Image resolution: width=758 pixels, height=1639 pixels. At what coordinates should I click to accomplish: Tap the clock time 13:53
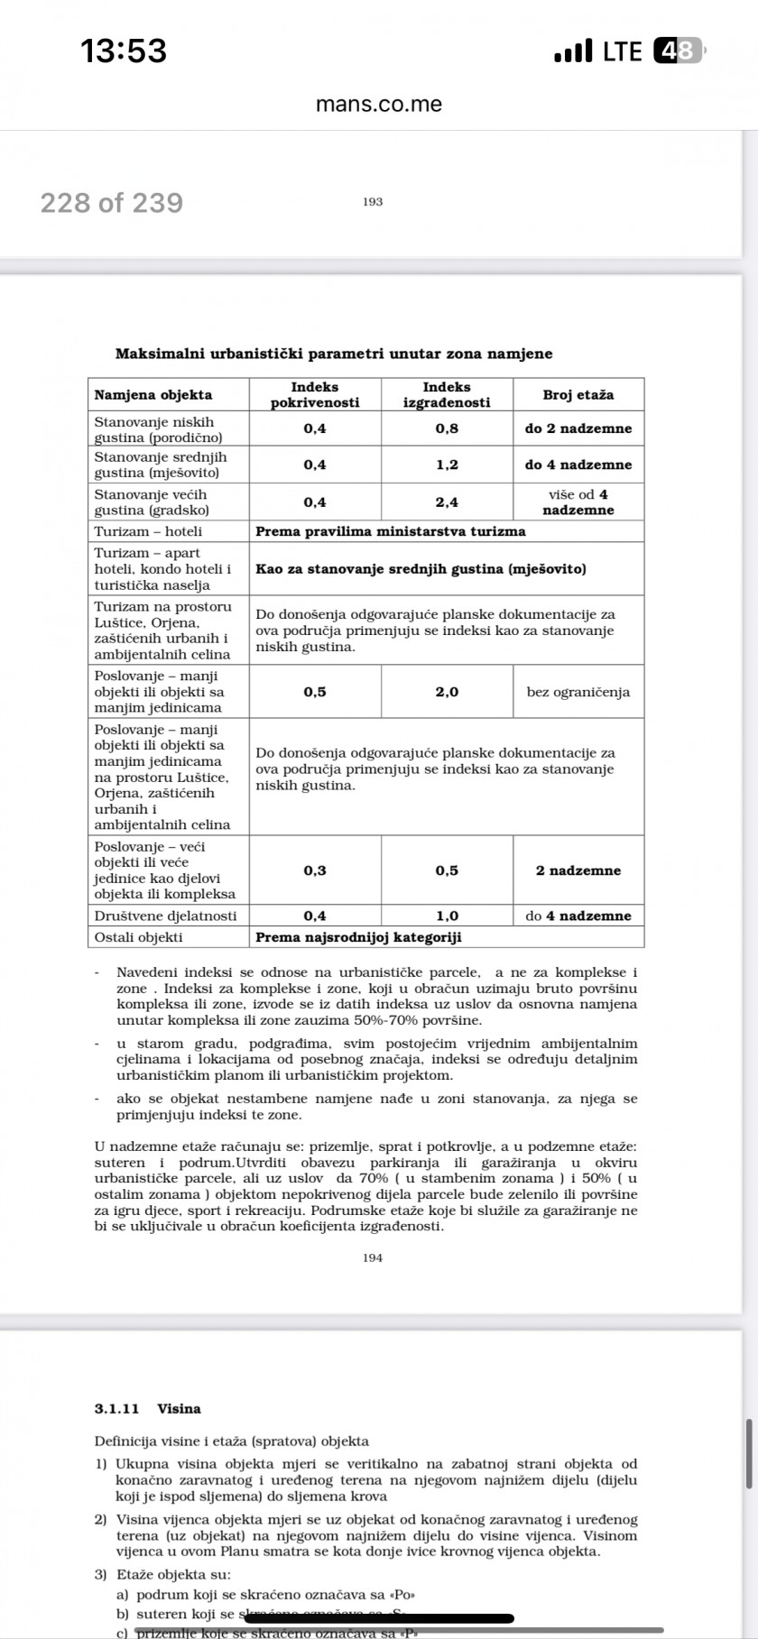tap(124, 51)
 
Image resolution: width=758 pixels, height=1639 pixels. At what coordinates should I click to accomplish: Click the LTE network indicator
tap(622, 51)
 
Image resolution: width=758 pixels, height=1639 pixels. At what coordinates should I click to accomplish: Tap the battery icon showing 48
tap(677, 51)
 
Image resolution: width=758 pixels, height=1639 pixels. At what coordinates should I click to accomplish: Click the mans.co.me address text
tap(379, 104)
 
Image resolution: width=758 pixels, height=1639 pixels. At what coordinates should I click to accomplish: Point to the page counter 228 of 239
tap(111, 203)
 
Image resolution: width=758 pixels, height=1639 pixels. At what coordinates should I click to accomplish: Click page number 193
tap(373, 202)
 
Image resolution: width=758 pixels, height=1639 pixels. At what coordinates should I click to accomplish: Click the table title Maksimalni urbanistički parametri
tap(334, 354)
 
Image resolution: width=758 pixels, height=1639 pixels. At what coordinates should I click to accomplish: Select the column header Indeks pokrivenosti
tap(315, 394)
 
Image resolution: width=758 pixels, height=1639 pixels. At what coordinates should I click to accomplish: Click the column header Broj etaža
tap(578, 395)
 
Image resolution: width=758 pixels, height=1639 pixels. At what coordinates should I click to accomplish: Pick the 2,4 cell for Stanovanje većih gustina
tap(447, 502)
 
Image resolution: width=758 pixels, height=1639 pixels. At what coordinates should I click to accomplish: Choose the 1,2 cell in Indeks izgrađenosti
tap(447, 465)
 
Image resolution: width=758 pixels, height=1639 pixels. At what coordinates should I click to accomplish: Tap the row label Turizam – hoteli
tap(149, 531)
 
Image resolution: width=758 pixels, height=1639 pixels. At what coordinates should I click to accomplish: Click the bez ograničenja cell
tap(578, 692)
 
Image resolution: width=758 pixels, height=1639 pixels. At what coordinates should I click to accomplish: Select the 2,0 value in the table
tap(447, 692)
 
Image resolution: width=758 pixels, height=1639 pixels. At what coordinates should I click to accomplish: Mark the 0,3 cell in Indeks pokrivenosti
tap(315, 870)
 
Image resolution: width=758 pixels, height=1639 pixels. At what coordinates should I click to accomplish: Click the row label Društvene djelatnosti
tap(166, 916)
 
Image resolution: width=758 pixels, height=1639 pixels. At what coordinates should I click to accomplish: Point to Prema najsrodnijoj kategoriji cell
tap(358, 937)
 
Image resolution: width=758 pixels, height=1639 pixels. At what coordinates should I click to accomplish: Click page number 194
tap(373, 1257)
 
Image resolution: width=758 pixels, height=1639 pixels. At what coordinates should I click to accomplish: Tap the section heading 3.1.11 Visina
tap(147, 1408)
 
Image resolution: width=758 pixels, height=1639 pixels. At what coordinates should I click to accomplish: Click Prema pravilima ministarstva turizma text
tap(390, 531)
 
